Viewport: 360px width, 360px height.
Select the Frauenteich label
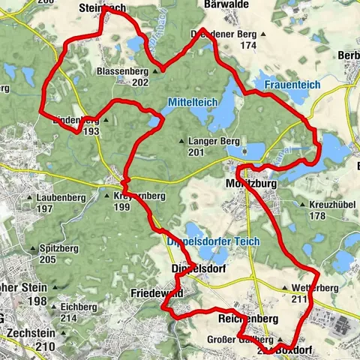point(293,86)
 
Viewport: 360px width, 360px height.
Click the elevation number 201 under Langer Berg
point(196,153)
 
